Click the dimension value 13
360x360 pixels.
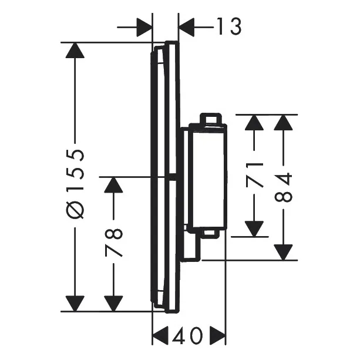click(229, 27)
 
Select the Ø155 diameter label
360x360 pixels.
click(75, 184)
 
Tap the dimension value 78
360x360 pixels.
click(114, 243)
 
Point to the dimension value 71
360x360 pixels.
click(254, 174)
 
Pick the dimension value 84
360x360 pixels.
click(283, 187)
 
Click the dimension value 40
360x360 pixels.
click(188, 336)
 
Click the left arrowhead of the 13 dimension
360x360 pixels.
click(144, 27)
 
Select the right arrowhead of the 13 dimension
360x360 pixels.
click(186, 27)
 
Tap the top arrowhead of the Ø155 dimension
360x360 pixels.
click(75, 51)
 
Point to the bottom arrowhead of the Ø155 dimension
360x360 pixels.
click(75, 304)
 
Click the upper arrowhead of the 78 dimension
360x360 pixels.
click(113, 185)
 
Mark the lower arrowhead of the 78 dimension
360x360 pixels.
click(113, 304)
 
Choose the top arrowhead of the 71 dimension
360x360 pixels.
click(254, 122)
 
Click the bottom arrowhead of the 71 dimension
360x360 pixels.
click(254, 229)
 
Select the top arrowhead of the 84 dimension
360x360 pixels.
click(283, 122)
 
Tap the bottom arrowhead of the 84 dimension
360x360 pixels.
click(283, 253)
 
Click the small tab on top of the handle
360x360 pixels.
click(211, 119)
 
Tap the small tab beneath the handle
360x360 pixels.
click(210, 233)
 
